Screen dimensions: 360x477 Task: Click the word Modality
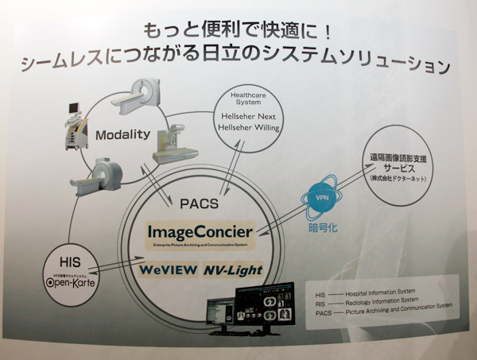point(122,134)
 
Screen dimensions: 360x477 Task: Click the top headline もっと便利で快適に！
point(238,31)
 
